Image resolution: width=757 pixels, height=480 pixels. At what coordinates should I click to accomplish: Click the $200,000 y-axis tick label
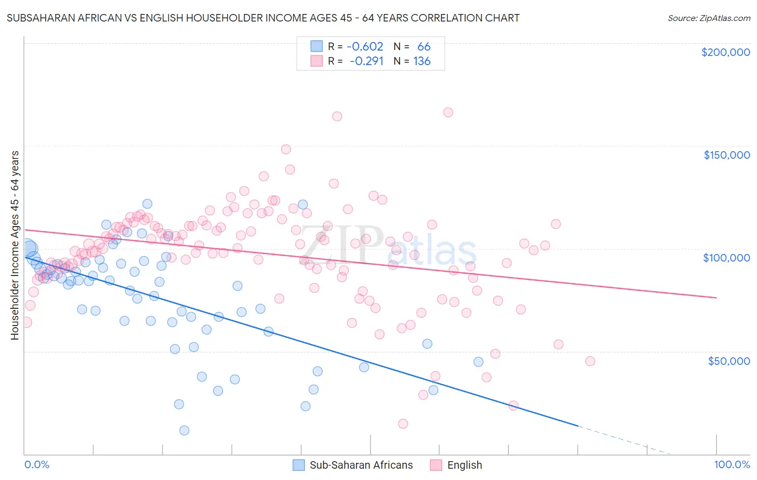(x=725, y=52)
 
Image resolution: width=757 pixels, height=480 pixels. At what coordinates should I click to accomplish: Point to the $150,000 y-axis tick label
(x=726, y=155)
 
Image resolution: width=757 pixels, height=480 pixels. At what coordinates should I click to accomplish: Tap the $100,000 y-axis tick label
(x=726, y=258)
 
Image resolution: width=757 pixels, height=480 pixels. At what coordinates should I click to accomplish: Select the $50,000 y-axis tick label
(x=728, y=361)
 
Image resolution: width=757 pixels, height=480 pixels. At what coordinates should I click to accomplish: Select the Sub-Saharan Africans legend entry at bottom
(x=361, y=465)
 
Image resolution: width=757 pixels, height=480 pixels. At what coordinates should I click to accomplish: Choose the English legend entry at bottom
(x=464, y=465)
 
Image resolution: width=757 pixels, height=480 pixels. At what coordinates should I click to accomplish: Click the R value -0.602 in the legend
(x=365, y=47)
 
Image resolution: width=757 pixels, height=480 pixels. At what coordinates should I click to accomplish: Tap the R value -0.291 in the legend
(x=366, y=61)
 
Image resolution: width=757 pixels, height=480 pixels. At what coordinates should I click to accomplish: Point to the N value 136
(x=422, y=61)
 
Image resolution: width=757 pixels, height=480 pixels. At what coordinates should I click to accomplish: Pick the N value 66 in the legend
(x=424, y=47)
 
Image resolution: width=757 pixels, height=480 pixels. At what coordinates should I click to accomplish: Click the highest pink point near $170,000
(x=448, y=112)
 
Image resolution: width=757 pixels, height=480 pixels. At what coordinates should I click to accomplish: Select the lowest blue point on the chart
(x=184, y=430)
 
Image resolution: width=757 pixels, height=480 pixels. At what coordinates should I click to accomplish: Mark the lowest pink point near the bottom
(x=403, y=424)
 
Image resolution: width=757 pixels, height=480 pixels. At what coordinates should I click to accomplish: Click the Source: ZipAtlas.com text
(x=709, y=18)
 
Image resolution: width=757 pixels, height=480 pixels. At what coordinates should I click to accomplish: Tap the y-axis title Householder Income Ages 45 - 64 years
(x=15, y=245)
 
